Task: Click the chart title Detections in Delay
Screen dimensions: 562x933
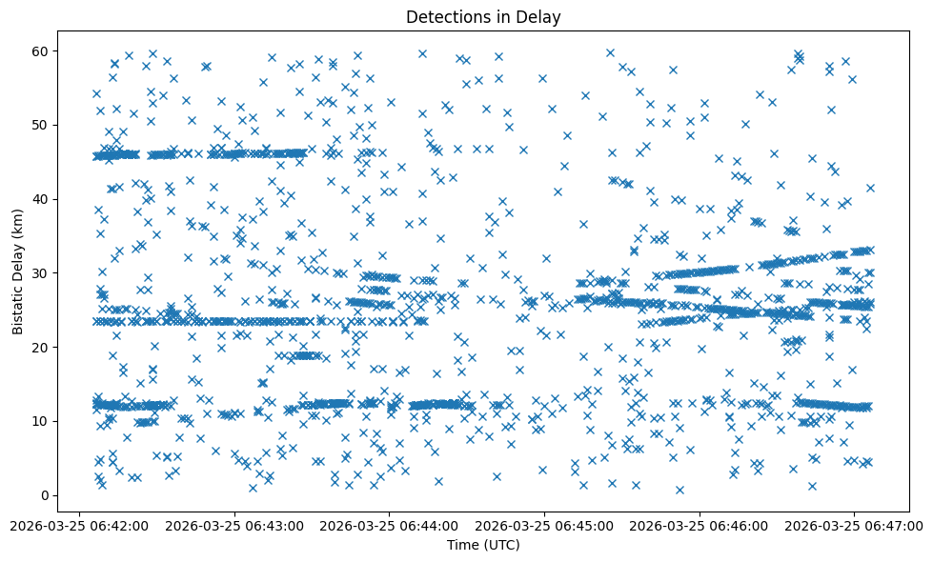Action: pos(483,16)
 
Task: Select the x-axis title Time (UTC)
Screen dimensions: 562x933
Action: pos(483,545)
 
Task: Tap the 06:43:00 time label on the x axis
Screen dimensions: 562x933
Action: pos(233,526)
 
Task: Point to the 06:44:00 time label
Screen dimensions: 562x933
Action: pos(389,526)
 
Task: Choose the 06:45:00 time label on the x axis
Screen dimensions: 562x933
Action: pos(545,526)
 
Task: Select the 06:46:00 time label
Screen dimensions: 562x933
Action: pos(700,526)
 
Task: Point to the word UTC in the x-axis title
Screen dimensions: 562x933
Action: pos(502,545)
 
